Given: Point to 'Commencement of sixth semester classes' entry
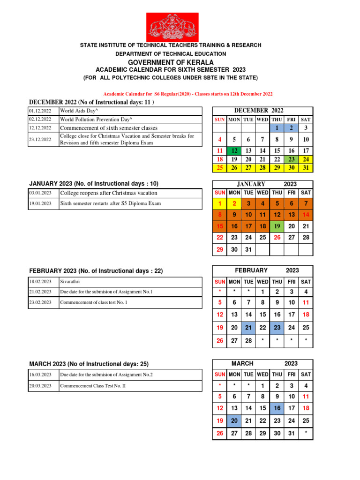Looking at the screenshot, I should (108, 128).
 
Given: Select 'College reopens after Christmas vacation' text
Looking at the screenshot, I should (108, 193).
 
